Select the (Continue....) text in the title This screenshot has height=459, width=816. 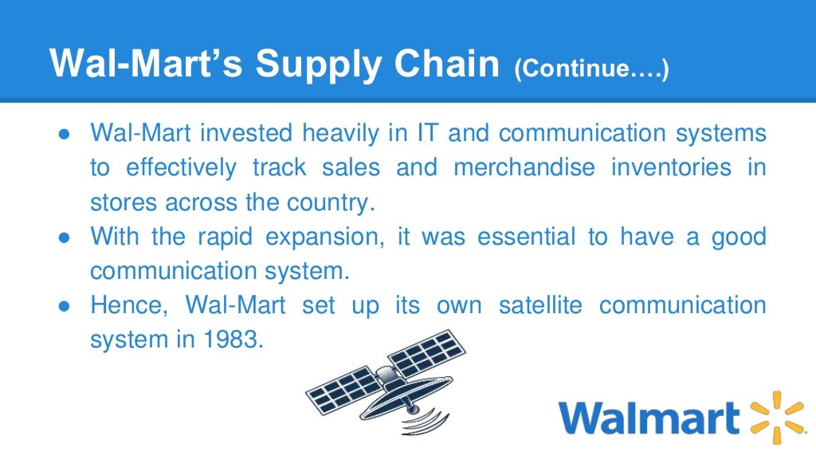[591, 69]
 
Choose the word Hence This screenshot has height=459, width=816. [131, 306]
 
